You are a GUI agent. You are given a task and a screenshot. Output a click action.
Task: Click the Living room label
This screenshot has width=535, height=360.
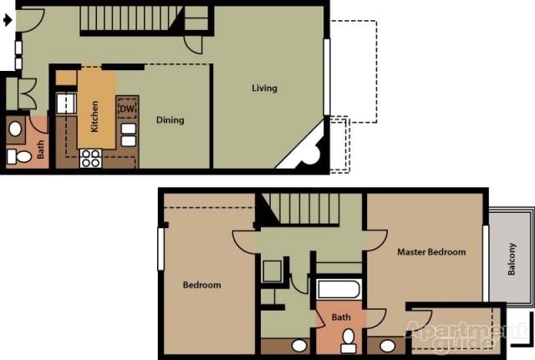pyautogui.click(x=264, y=89)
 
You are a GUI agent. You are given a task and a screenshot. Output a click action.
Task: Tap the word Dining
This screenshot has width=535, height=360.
pyautogui.click(x=170, y=120)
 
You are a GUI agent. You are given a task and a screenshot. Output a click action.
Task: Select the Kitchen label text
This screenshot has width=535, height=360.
pyautogui.click(x=94, y=116)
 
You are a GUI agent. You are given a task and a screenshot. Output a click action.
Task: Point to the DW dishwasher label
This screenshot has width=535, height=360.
pyautogui.click(x=127, y=109)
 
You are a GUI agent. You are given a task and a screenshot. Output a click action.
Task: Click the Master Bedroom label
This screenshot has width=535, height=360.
pyautogui.click(x=431, y=251)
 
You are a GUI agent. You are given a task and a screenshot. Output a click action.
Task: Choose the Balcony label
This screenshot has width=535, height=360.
pyautogui.click(x=512, y=258)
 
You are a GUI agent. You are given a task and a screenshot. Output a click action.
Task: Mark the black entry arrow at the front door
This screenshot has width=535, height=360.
pyautogui.click(x=8, y=22)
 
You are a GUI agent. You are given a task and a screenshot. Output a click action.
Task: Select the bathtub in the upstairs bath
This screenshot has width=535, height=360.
pyautogui.click(x=339, y=291)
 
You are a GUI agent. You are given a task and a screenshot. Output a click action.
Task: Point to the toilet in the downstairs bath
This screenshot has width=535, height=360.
pyautogui.click(x=21, y=156)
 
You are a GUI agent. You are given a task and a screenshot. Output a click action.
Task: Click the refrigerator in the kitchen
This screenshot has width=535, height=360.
pyautogui.click(x=65, y=104)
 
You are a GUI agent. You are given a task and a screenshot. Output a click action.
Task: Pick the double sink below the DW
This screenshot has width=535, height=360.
pyautogui.click(x=129, y=134)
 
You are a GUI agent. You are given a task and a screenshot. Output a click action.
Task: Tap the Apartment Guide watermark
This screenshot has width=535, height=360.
pyautogui.click(x=456, y=334)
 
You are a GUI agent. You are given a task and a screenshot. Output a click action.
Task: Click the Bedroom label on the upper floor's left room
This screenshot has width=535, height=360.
pyautogui.click(x=202, y=285)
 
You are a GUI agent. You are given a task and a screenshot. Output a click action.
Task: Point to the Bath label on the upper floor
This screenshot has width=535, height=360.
pyautogui.click(x=341, y=317)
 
